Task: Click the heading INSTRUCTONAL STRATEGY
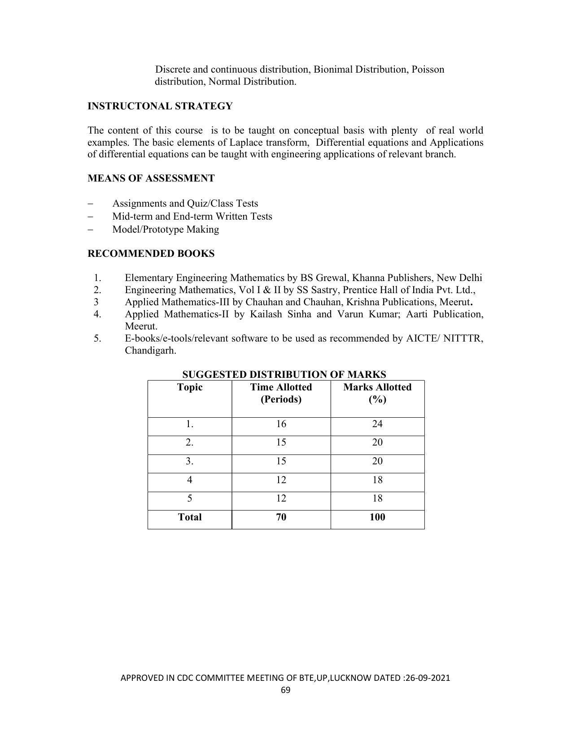coord(160,106)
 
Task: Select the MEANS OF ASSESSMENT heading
coord(151,178)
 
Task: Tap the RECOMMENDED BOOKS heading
coord(151,254)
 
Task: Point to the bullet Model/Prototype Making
coord(166,229)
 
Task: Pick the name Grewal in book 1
coord(332,278)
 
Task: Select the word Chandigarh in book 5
coord(150,351)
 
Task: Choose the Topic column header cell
coord(190,387)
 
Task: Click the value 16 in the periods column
coord(281,424)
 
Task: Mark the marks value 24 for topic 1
coord(377,424)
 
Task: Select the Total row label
coord(190,517)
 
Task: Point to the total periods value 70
coord(281,517)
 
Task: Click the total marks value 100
coord(377,517)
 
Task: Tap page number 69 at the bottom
coord(286,690)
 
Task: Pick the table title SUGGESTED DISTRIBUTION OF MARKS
coord(284,374)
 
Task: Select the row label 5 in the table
coord(190,498)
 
